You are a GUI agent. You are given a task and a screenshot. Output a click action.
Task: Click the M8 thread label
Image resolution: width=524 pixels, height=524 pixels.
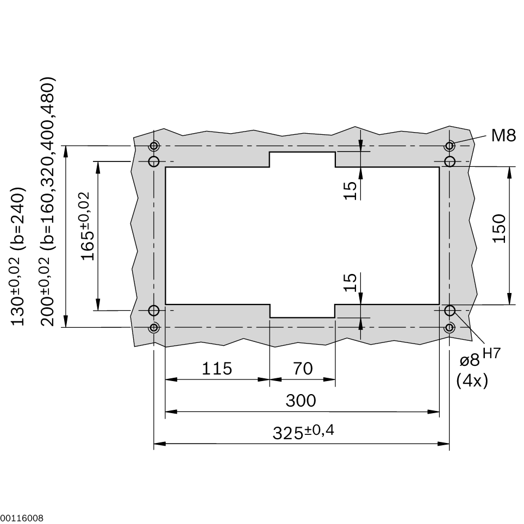coord(503,135)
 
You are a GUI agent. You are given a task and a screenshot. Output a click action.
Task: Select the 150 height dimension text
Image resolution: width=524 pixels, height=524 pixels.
coord(499,228)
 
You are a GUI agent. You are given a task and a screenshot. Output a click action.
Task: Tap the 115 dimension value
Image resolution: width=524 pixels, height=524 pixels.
coord(217,369)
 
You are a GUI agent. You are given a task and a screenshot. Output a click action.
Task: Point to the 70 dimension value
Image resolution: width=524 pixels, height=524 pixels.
coord(303,369)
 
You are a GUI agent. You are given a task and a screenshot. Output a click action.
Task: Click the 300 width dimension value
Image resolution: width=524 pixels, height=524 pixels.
coord(301,401)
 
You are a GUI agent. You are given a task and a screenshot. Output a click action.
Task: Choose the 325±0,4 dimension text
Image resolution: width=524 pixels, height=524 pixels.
coord(303,433)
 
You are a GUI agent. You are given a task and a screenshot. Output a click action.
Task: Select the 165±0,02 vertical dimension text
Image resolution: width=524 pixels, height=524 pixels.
coord(87,226)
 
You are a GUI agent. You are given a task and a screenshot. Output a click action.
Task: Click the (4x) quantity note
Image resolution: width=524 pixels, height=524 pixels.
coord(472,380)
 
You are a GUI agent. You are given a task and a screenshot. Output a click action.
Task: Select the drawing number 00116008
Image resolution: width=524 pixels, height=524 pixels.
coord(22,518)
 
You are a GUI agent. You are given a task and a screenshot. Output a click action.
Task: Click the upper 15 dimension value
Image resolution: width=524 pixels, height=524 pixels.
coord(351,190)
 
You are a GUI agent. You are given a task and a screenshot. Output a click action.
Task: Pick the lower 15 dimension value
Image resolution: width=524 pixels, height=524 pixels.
coord(351,282)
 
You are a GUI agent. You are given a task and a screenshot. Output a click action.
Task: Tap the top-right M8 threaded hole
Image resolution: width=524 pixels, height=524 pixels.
coord(450,146)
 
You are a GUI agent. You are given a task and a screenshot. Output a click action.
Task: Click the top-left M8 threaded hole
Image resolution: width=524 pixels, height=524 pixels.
coord(154,146)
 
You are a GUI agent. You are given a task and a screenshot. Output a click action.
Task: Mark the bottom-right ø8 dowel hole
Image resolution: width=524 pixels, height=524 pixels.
coord(450,310)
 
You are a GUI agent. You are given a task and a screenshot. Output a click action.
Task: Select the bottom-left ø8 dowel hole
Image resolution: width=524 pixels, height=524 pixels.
coord(154,310)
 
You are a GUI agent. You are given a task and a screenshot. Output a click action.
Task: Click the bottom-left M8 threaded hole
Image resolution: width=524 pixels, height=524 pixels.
coord(154,327)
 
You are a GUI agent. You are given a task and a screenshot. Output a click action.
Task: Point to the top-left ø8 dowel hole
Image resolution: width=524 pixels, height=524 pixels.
coord(154,161)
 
